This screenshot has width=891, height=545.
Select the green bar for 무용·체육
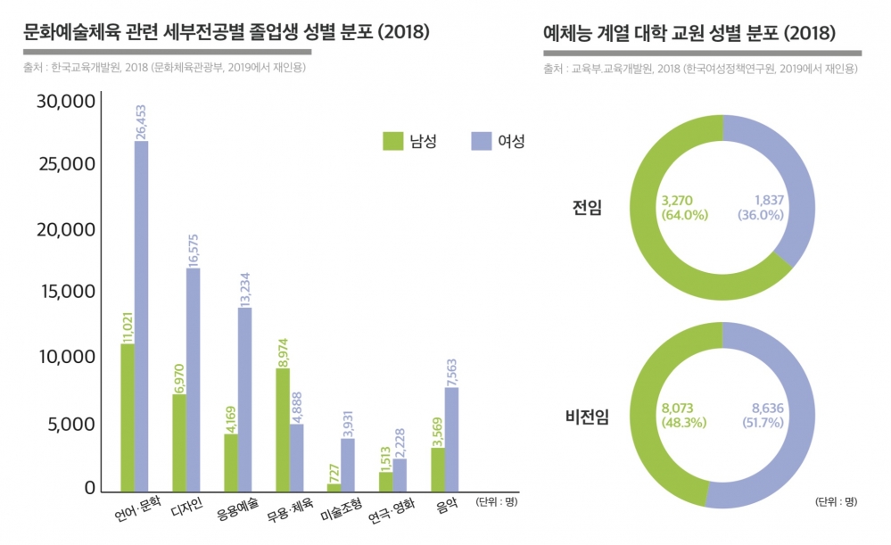[282, 429]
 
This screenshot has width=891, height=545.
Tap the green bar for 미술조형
[334, 486]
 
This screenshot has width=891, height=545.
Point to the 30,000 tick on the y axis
[66, 102]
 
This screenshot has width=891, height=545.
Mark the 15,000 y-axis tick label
[66, 293]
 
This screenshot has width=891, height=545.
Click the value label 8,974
[282, 351]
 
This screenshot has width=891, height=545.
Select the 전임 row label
[587, 208]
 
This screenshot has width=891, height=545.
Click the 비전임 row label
[586, 417]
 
